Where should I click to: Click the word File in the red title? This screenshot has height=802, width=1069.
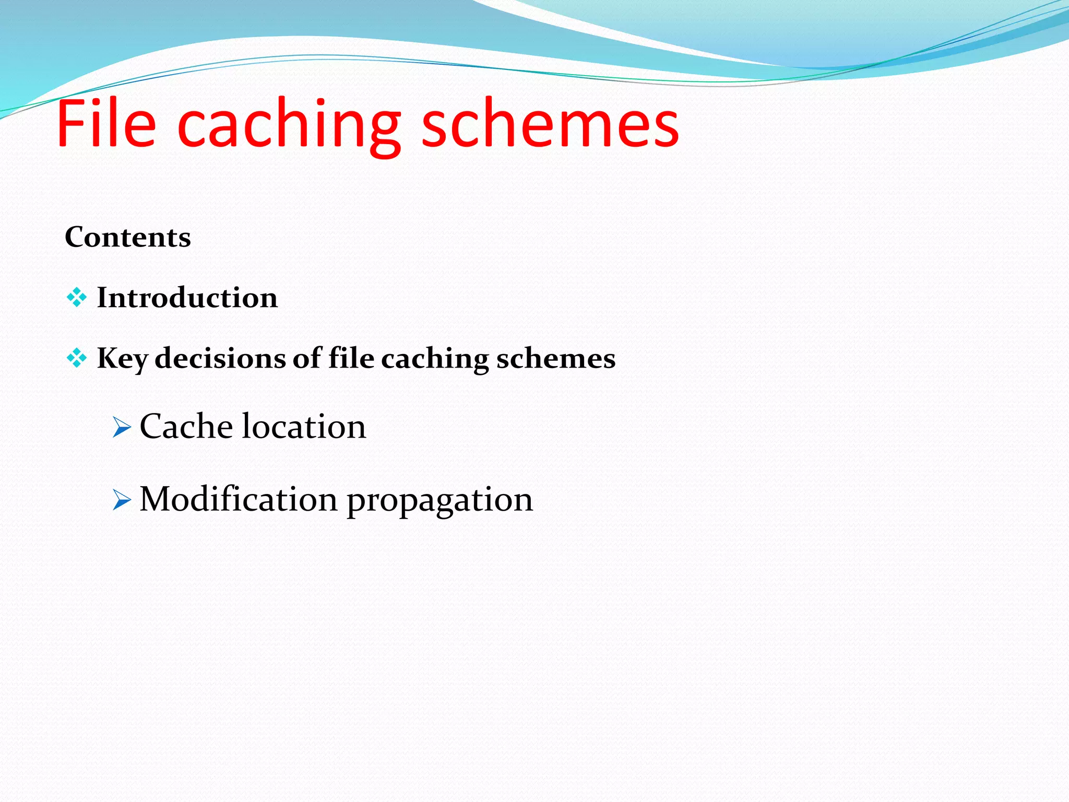pyautogui.click(x=106, y=124)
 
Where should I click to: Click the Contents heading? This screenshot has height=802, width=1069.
pyautogui.click(x=128, y=238)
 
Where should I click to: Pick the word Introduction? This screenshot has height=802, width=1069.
pyautogui.click(x=187, y=298)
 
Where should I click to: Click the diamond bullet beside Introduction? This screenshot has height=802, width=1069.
pyautogui.click(x=77, y=298)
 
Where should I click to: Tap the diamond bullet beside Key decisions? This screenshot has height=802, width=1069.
pyautogui.click(x=77, y=358)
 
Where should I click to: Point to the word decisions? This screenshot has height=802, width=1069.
pyautogui.click(x=220, y=358)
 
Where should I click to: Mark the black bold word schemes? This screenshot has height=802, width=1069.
pyautogui.click(x=556, y=358)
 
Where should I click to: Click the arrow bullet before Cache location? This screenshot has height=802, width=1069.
pyautogui.click(x=122, y=428)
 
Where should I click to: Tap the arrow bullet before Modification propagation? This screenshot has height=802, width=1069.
pyautogui.click(x=122, y=500)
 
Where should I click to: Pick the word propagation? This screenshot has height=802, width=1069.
pyautogui.click(x=440, y=501)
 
